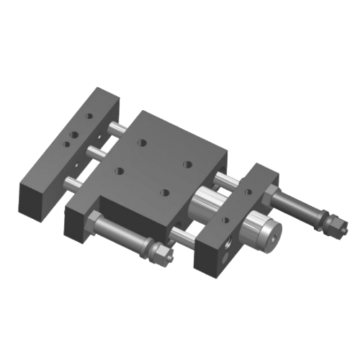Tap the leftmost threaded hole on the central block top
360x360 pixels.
point(119,171)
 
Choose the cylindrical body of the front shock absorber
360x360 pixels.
point(122,233)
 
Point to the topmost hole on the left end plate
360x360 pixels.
point(89,115)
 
